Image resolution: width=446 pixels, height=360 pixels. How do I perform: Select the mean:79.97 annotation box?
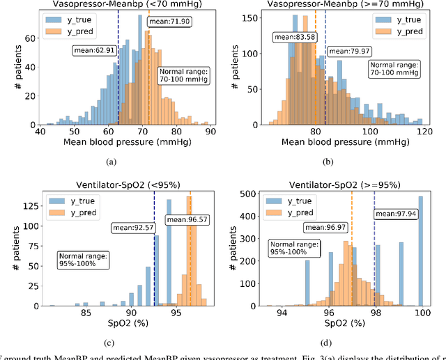tap(349, 51)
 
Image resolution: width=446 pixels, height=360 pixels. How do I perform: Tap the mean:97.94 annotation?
tap(396, 214)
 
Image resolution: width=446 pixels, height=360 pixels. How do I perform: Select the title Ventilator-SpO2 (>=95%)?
tap(343, 184)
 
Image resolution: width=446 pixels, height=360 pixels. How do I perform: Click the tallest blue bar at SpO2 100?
tap(420, 251)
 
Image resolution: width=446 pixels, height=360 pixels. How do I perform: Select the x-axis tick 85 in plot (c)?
tap(86, 312)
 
